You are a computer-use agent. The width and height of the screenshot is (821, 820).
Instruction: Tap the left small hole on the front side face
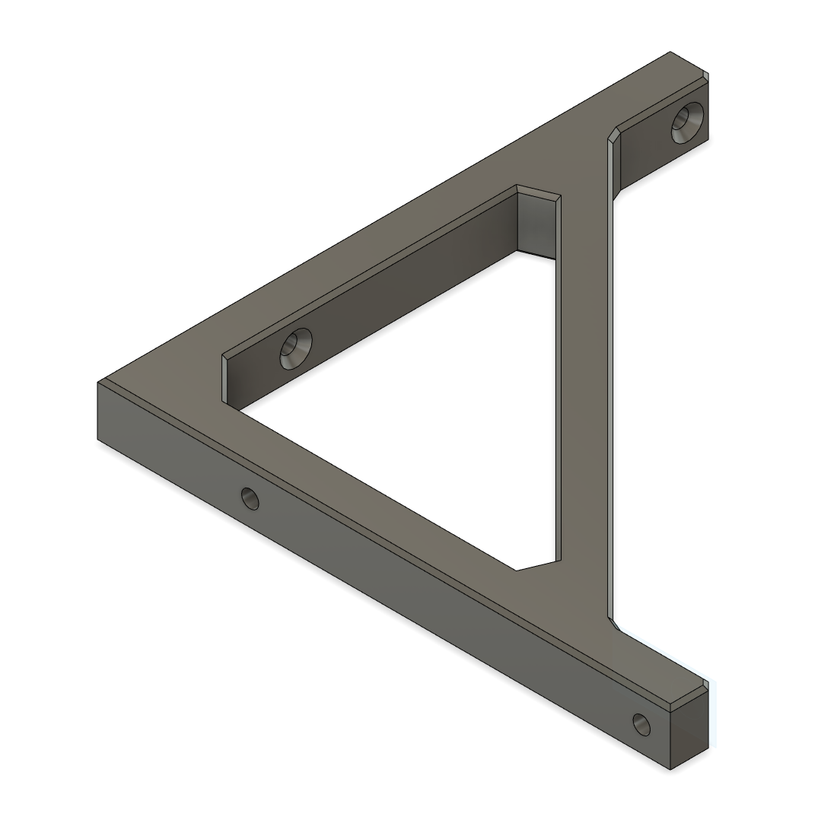click(250, 499)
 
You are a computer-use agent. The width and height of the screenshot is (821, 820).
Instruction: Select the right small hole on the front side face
click(641, 724)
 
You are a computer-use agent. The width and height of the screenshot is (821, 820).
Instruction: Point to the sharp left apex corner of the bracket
click(100, 381)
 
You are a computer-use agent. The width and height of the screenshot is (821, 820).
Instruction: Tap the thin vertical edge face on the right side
click(610, 380)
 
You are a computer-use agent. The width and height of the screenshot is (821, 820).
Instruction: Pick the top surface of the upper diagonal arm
click(380, 243)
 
